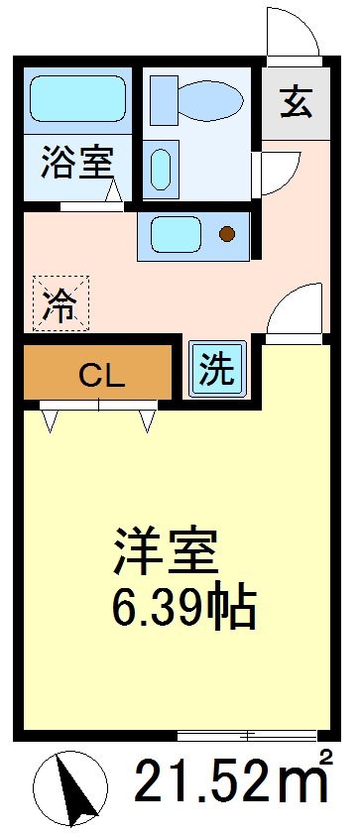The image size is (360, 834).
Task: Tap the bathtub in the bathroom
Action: click(75, 99)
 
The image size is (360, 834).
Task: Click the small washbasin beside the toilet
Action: click(161, 170)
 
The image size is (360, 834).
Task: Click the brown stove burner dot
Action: click(227, 235)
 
